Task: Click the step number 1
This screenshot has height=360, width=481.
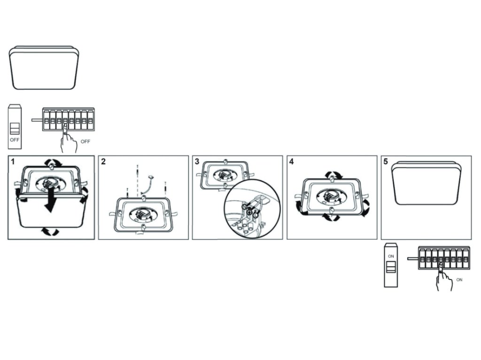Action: [x=14, y=162]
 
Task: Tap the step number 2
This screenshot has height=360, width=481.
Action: [x=103, y=162]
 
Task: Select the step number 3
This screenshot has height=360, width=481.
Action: [x=197, y=162]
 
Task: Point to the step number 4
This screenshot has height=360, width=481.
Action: [x=292, y=162]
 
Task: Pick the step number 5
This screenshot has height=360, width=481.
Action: [x=386, y=162]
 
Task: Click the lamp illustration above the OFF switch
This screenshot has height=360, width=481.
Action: [x=44, y=67]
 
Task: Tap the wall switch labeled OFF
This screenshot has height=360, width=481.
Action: [x=16, y=124]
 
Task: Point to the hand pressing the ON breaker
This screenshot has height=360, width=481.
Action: [x=443, y=280]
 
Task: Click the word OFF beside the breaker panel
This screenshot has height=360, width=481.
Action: [x=85, y=142]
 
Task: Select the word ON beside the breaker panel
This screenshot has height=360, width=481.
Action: [x=459, y=280]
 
